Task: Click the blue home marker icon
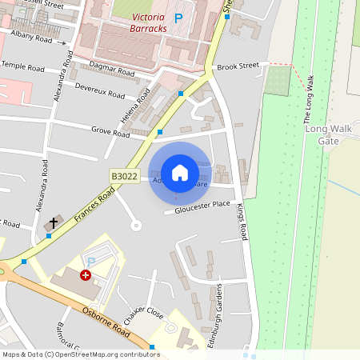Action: (x=180, y=173)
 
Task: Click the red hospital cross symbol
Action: (x=85, y=274)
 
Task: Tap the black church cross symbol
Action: (x=55, y=222)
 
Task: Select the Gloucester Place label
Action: (x=197, y=208)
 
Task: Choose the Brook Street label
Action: (x=238, y=66)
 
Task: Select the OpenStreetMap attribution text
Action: (x=81, y=354)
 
